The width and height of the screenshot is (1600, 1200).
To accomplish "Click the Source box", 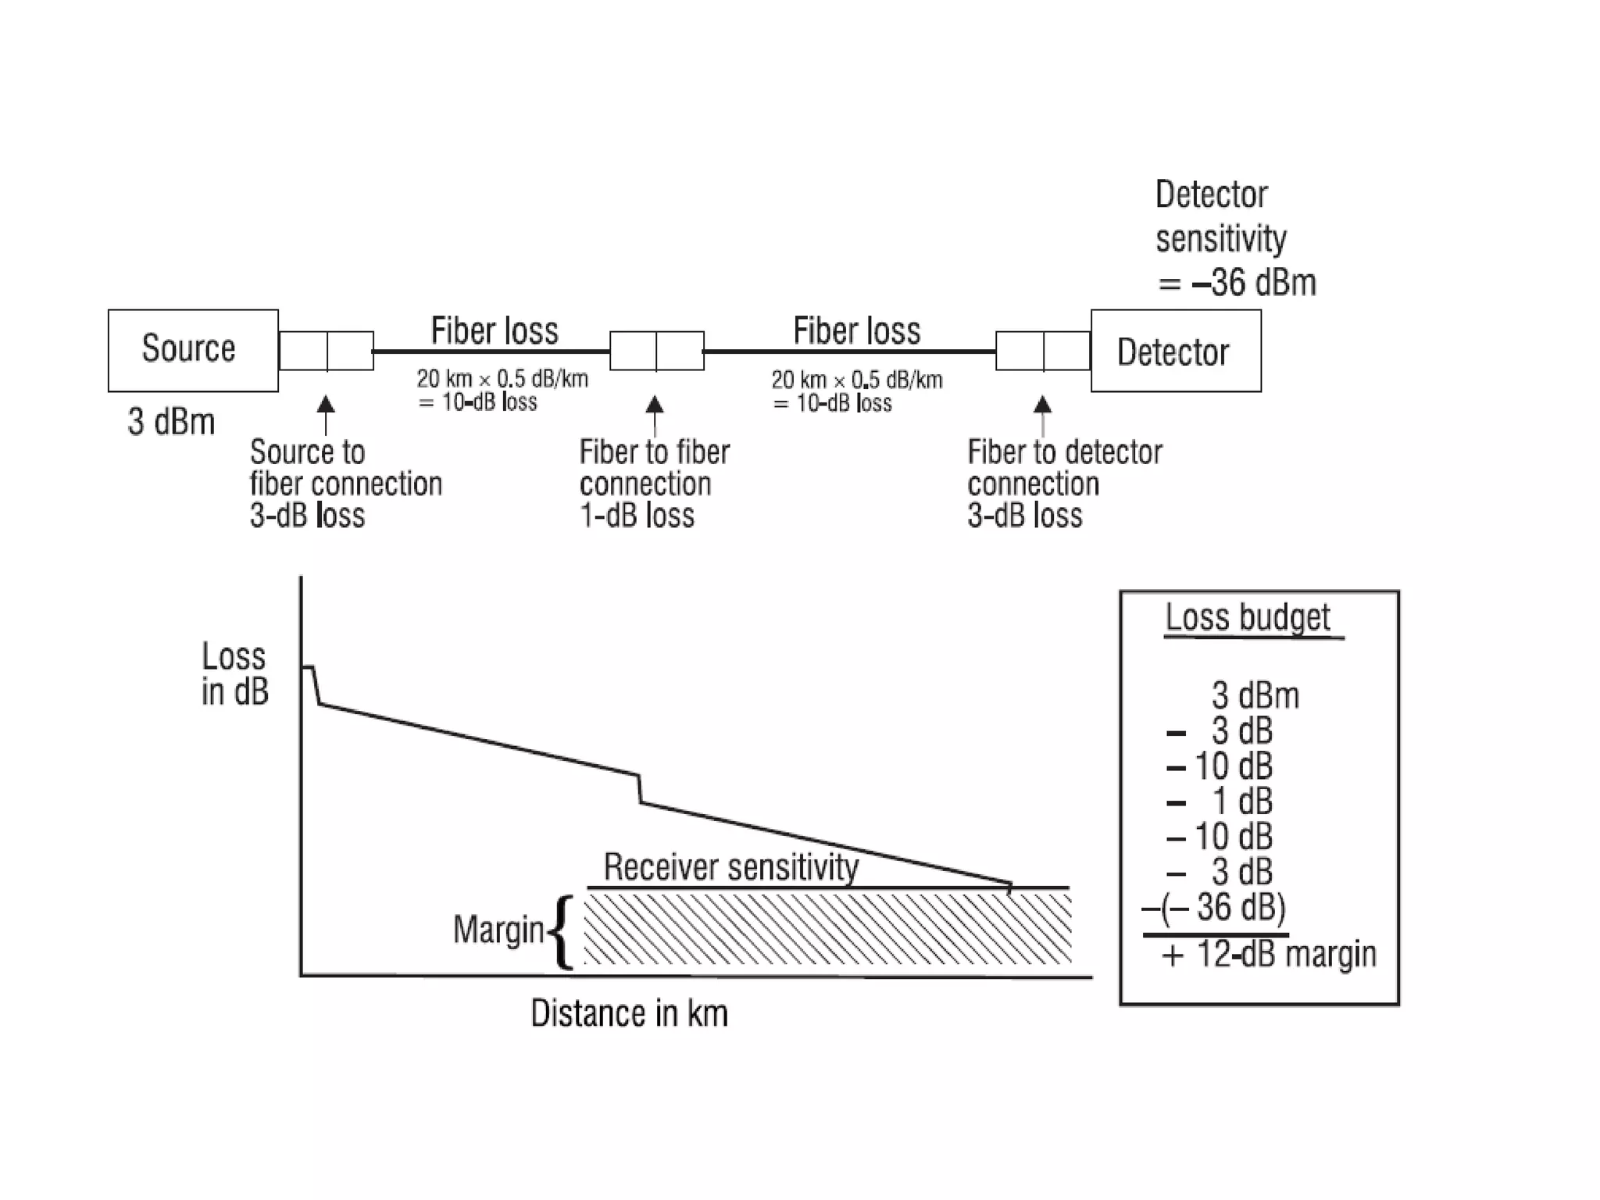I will tap(192, 350).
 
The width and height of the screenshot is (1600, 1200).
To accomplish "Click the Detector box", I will tap(1175, 351).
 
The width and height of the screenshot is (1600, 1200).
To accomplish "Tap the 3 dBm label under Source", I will tap(171, 422).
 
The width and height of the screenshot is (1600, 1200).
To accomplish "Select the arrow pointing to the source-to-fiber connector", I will tap(326, 414).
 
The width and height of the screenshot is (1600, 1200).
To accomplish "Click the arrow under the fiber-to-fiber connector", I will tap(655, 414).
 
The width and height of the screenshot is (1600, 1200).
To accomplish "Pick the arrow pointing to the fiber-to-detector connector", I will tap(1042, 414).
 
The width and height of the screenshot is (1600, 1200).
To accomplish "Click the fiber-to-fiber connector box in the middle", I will tap(656, 351).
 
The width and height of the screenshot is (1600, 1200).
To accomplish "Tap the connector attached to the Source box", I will tap(326, 351).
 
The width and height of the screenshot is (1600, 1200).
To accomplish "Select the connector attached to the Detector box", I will tap(1043, 351).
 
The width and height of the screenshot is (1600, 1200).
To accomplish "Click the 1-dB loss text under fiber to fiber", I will tap(637, 516).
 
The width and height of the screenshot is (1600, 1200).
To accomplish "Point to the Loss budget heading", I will tap(1247, 617).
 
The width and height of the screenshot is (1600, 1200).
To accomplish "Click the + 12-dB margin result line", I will tap(1269, 955).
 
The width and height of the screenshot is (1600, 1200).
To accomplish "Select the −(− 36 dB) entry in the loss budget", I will tap(1213, 907).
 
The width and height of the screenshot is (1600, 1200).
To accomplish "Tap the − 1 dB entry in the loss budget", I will tap(1220, 802).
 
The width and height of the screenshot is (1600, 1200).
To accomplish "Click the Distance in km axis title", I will tap(629, 1013).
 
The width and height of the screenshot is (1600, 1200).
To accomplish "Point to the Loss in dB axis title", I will tap(234, 673).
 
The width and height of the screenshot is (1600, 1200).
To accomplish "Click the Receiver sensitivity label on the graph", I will tap(730, 867).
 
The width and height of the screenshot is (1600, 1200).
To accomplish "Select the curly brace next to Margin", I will tap(562, 931).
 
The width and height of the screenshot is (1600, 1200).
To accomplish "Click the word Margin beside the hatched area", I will tap(498, 930).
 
